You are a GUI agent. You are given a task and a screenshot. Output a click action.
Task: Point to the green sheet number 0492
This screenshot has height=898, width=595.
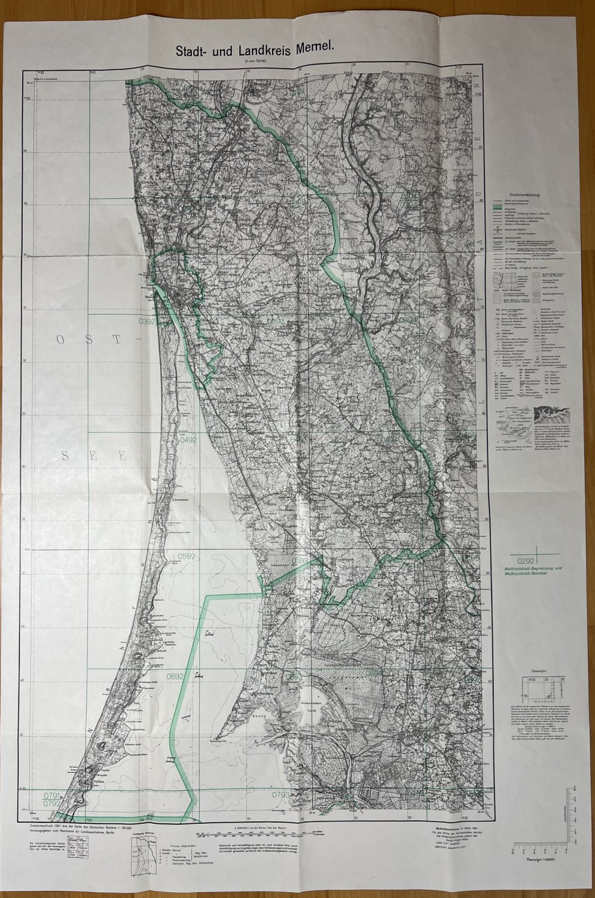(x=188, y=440)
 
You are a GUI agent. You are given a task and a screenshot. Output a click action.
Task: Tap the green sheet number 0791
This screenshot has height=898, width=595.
(x=52, y=794)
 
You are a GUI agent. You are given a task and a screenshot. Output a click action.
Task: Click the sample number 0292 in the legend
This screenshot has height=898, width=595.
(x=523, y=560)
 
